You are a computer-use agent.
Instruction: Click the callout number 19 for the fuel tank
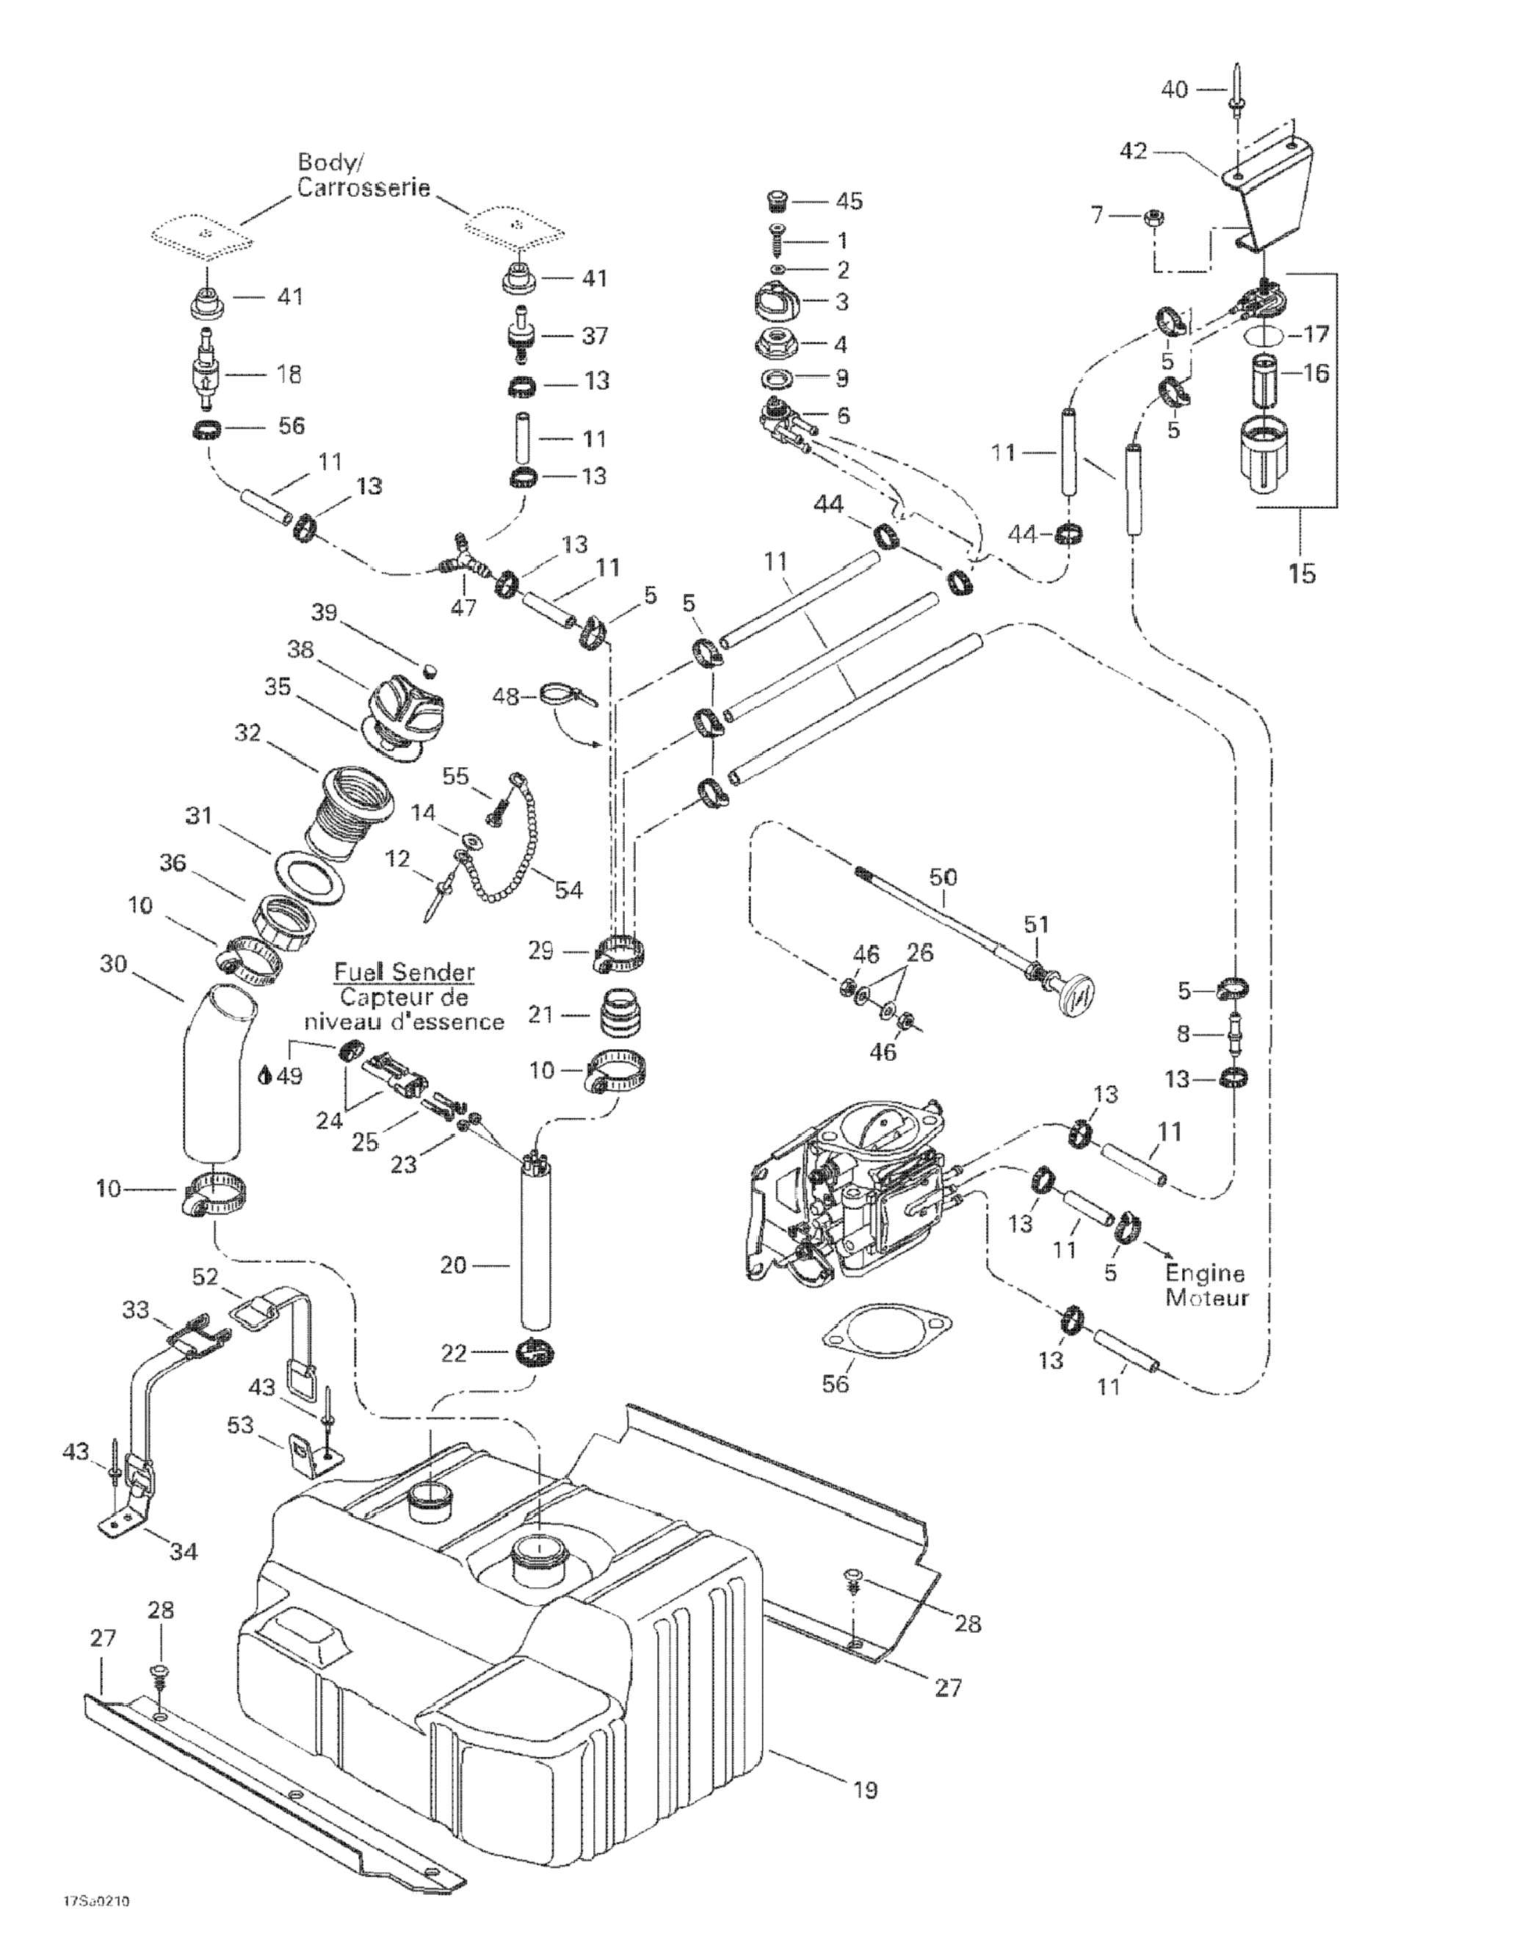(864, 1791)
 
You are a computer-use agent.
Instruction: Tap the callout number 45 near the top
(848, 201)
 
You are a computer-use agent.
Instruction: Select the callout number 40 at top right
(1173, 89)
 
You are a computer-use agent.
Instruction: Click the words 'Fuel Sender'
(405, 972)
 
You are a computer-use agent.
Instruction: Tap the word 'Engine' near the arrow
(1205, 1273)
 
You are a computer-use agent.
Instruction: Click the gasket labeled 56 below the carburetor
(885, 1330)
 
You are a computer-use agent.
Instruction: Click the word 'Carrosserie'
(364, 188)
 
